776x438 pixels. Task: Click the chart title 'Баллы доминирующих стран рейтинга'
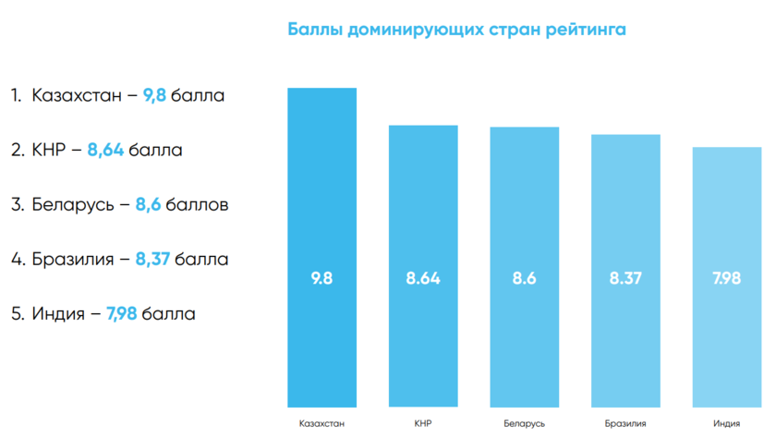click(457, 30)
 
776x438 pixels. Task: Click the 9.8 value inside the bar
click(322, 278)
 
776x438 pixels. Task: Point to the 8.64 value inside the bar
click(423, 278)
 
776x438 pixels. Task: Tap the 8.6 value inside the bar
click(524, 278)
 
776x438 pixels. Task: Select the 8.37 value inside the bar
click(625, 278)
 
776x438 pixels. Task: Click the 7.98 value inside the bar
click(726, 278)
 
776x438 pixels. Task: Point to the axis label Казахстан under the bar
click(322, 424)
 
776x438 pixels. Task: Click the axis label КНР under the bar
click(423, 424)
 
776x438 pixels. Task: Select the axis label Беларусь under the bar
click(524, 424)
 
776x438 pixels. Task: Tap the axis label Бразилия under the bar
click(625, 424)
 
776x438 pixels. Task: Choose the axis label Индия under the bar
click(726, 424)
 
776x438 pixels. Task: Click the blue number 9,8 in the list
click(154, 95)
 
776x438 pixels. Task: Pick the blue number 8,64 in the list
click(105, 150)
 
